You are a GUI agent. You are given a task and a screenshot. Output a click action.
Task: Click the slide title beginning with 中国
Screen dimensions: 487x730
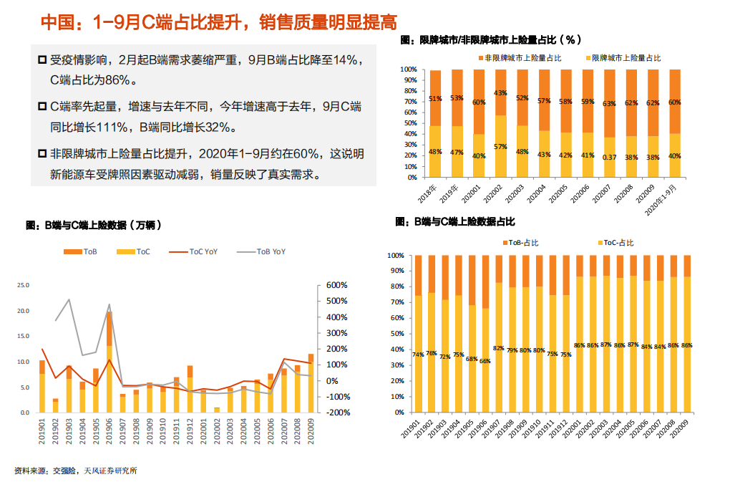pos(218,22)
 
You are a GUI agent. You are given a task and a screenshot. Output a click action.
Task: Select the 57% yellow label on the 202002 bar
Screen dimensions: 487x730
pos(500,146)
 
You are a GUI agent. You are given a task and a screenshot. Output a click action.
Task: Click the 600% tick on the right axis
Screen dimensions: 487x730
pos(336,285)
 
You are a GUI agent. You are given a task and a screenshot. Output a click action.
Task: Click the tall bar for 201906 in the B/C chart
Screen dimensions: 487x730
pos(109,362)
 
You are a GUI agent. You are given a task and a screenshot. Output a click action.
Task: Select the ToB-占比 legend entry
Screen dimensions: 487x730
pos(524,243)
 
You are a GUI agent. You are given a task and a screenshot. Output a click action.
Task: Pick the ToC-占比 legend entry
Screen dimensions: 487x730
pos(618,243)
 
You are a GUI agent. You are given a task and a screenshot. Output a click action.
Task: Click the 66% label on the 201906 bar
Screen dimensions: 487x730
pos(485,361)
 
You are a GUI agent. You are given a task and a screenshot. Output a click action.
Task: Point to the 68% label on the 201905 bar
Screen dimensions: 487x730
pos(472,358)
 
